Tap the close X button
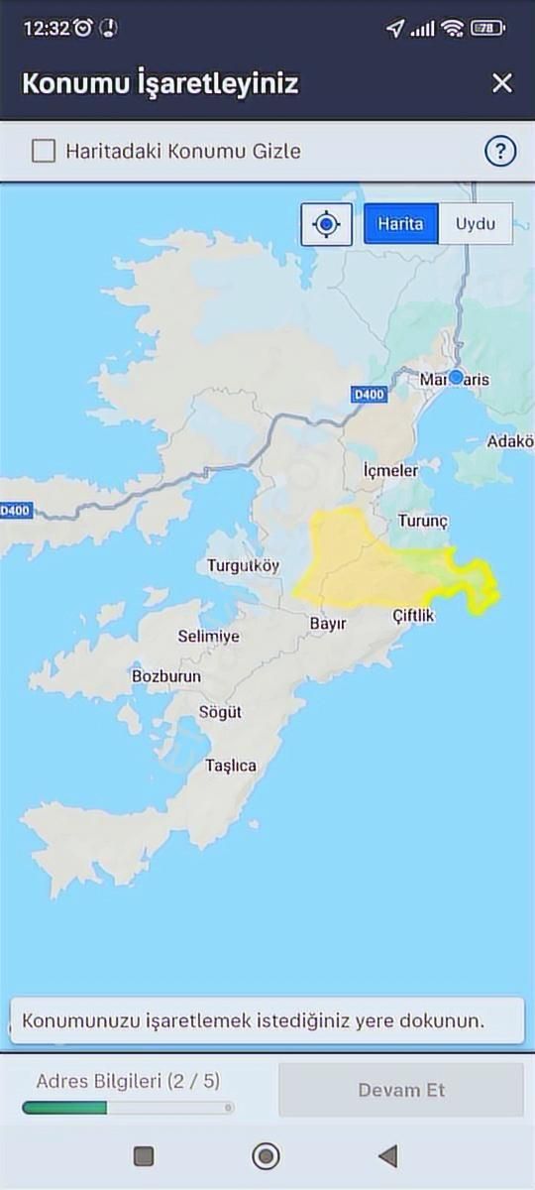pos(502,82)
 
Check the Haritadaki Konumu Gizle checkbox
pos(44,151)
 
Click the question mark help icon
pos(500,151)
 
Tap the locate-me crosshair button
pos(326,224)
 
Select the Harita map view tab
pos(400,223)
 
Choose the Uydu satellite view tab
pos(475,223)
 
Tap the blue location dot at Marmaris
pos(456,378)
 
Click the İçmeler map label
pos(390,470)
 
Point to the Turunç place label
pos(423,521)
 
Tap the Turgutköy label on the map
pos(243,566)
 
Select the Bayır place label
pos(328,624)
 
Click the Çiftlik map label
pos(413,616)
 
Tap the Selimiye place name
pos(208,637)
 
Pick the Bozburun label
pos(166,676)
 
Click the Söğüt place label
pos(220,712)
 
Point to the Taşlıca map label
pos(231,766)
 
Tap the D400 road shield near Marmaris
pos(368,395)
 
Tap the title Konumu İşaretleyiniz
pos(160,82)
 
